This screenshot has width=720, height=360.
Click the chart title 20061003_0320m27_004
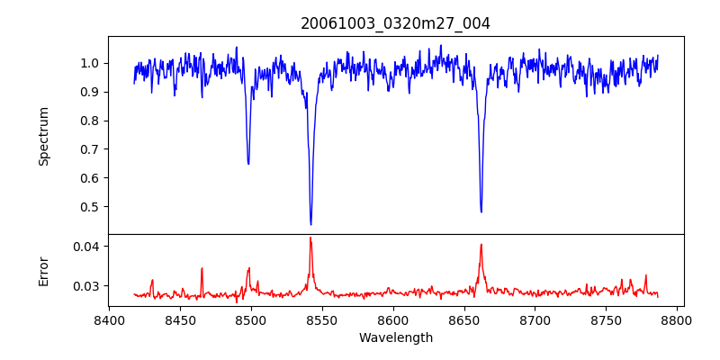pyautogui.click(x=395, y=23)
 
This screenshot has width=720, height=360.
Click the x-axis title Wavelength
pyautogui.click(x=395, y=337)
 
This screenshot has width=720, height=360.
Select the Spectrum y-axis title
pyautogui.click(x=43, y=136)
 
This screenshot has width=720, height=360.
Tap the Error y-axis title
pyautogui.click(x=43, y=271)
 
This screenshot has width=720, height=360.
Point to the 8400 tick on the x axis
pyautogui.click(x=109, y=319)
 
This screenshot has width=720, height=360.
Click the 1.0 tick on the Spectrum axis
pyautogui.click(x=91, y=63)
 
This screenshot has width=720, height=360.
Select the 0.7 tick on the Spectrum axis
pyautogui.click(x=91, y=149)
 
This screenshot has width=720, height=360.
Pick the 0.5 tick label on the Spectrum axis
pyautogui.click(x=91, y=207)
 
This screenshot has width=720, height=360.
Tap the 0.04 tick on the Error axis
pyautogui.click(x=87, y=247)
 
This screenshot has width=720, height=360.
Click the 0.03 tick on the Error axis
pyautogui.click(x=87, y=286)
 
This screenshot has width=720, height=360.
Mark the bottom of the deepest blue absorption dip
pyautogui.click(x=310, y=224)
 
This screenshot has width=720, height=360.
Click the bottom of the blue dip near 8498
pyautogui.click(x=248, y=164)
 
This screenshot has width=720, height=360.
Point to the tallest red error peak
pyautogui.click(x=310, y=238)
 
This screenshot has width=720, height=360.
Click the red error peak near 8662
pyautogui.click(x=481, y=244)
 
